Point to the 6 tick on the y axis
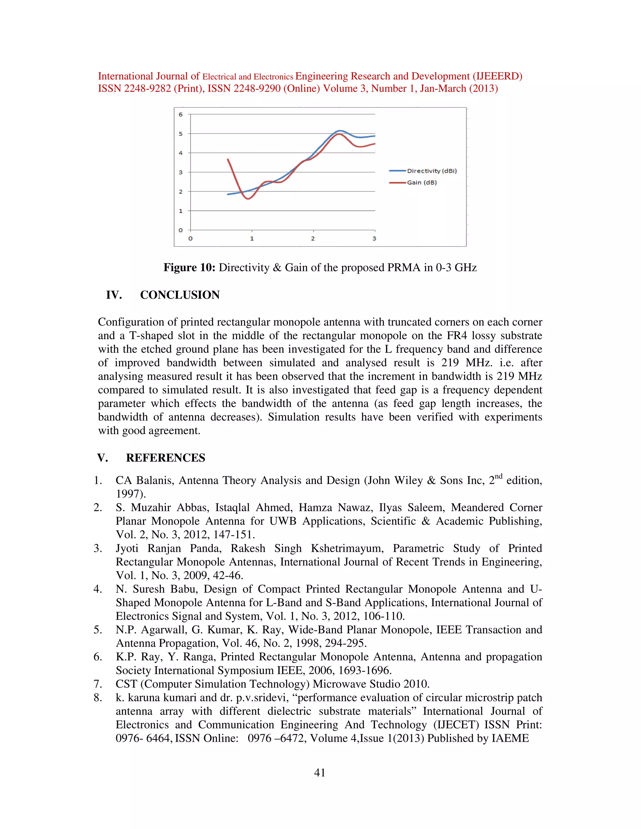[181, 114]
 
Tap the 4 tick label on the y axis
[181, 153]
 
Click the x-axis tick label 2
[313, 239]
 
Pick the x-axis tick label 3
[374, 239]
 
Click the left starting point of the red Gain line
[228, 160]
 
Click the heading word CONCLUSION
[180, 295]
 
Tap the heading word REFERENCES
[165, 458]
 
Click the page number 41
[320, 773]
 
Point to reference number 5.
[98, 630]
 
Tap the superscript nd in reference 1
[499, 476]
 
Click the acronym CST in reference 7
[126, 684]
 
